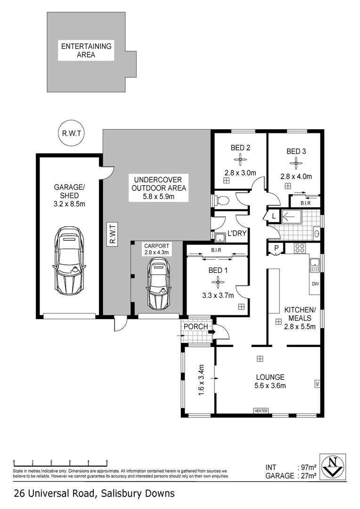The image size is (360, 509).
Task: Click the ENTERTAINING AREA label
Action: pyautogui.click(x=86, y=50)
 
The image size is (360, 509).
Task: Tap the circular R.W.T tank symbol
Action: pyautogui.click(x=70, y=133)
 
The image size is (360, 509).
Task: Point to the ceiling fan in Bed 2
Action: pyautogui.click(x=240, y=159)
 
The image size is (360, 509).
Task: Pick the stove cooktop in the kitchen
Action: pyautogui.click(x=300, y=248)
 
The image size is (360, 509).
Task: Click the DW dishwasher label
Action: pyautogui.click(x=315, y=284)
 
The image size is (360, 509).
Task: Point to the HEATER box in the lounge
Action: pyautogui.click(x=261, y=410)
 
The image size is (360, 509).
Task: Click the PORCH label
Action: pyautogui.click(x=196, y=326)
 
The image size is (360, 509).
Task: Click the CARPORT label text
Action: pyautogui.click(x=156, y=246)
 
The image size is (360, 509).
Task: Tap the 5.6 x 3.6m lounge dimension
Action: pyautogui.click(x=270, y=386)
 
